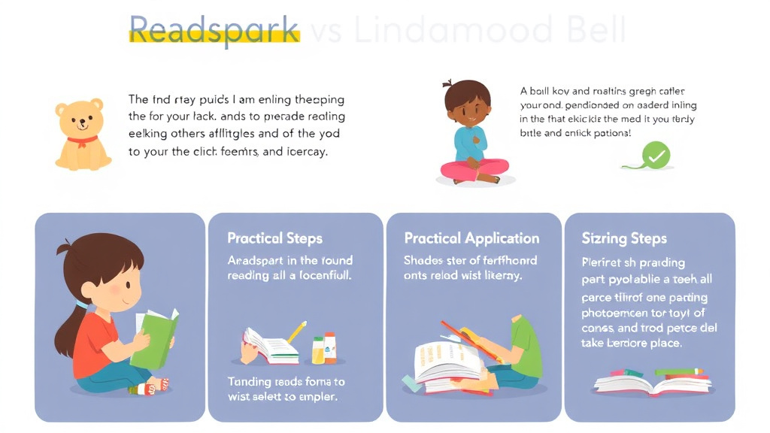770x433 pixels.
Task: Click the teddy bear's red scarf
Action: point(82,140)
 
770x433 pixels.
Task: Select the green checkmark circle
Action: point(656,156)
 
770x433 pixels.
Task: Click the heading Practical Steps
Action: point(274,238)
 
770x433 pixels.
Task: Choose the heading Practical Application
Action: point(471,238)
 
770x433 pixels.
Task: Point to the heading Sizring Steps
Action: point(624,238)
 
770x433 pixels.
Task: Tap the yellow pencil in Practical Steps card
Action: point(296,332)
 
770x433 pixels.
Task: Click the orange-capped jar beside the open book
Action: point(330,347)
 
